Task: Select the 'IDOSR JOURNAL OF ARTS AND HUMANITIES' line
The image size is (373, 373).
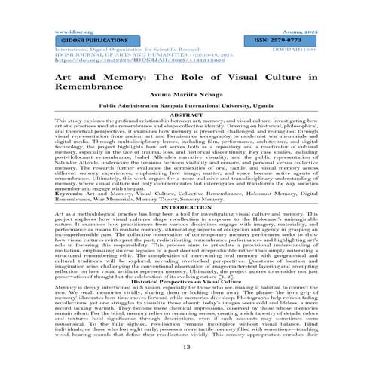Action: (x=96, y=56)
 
